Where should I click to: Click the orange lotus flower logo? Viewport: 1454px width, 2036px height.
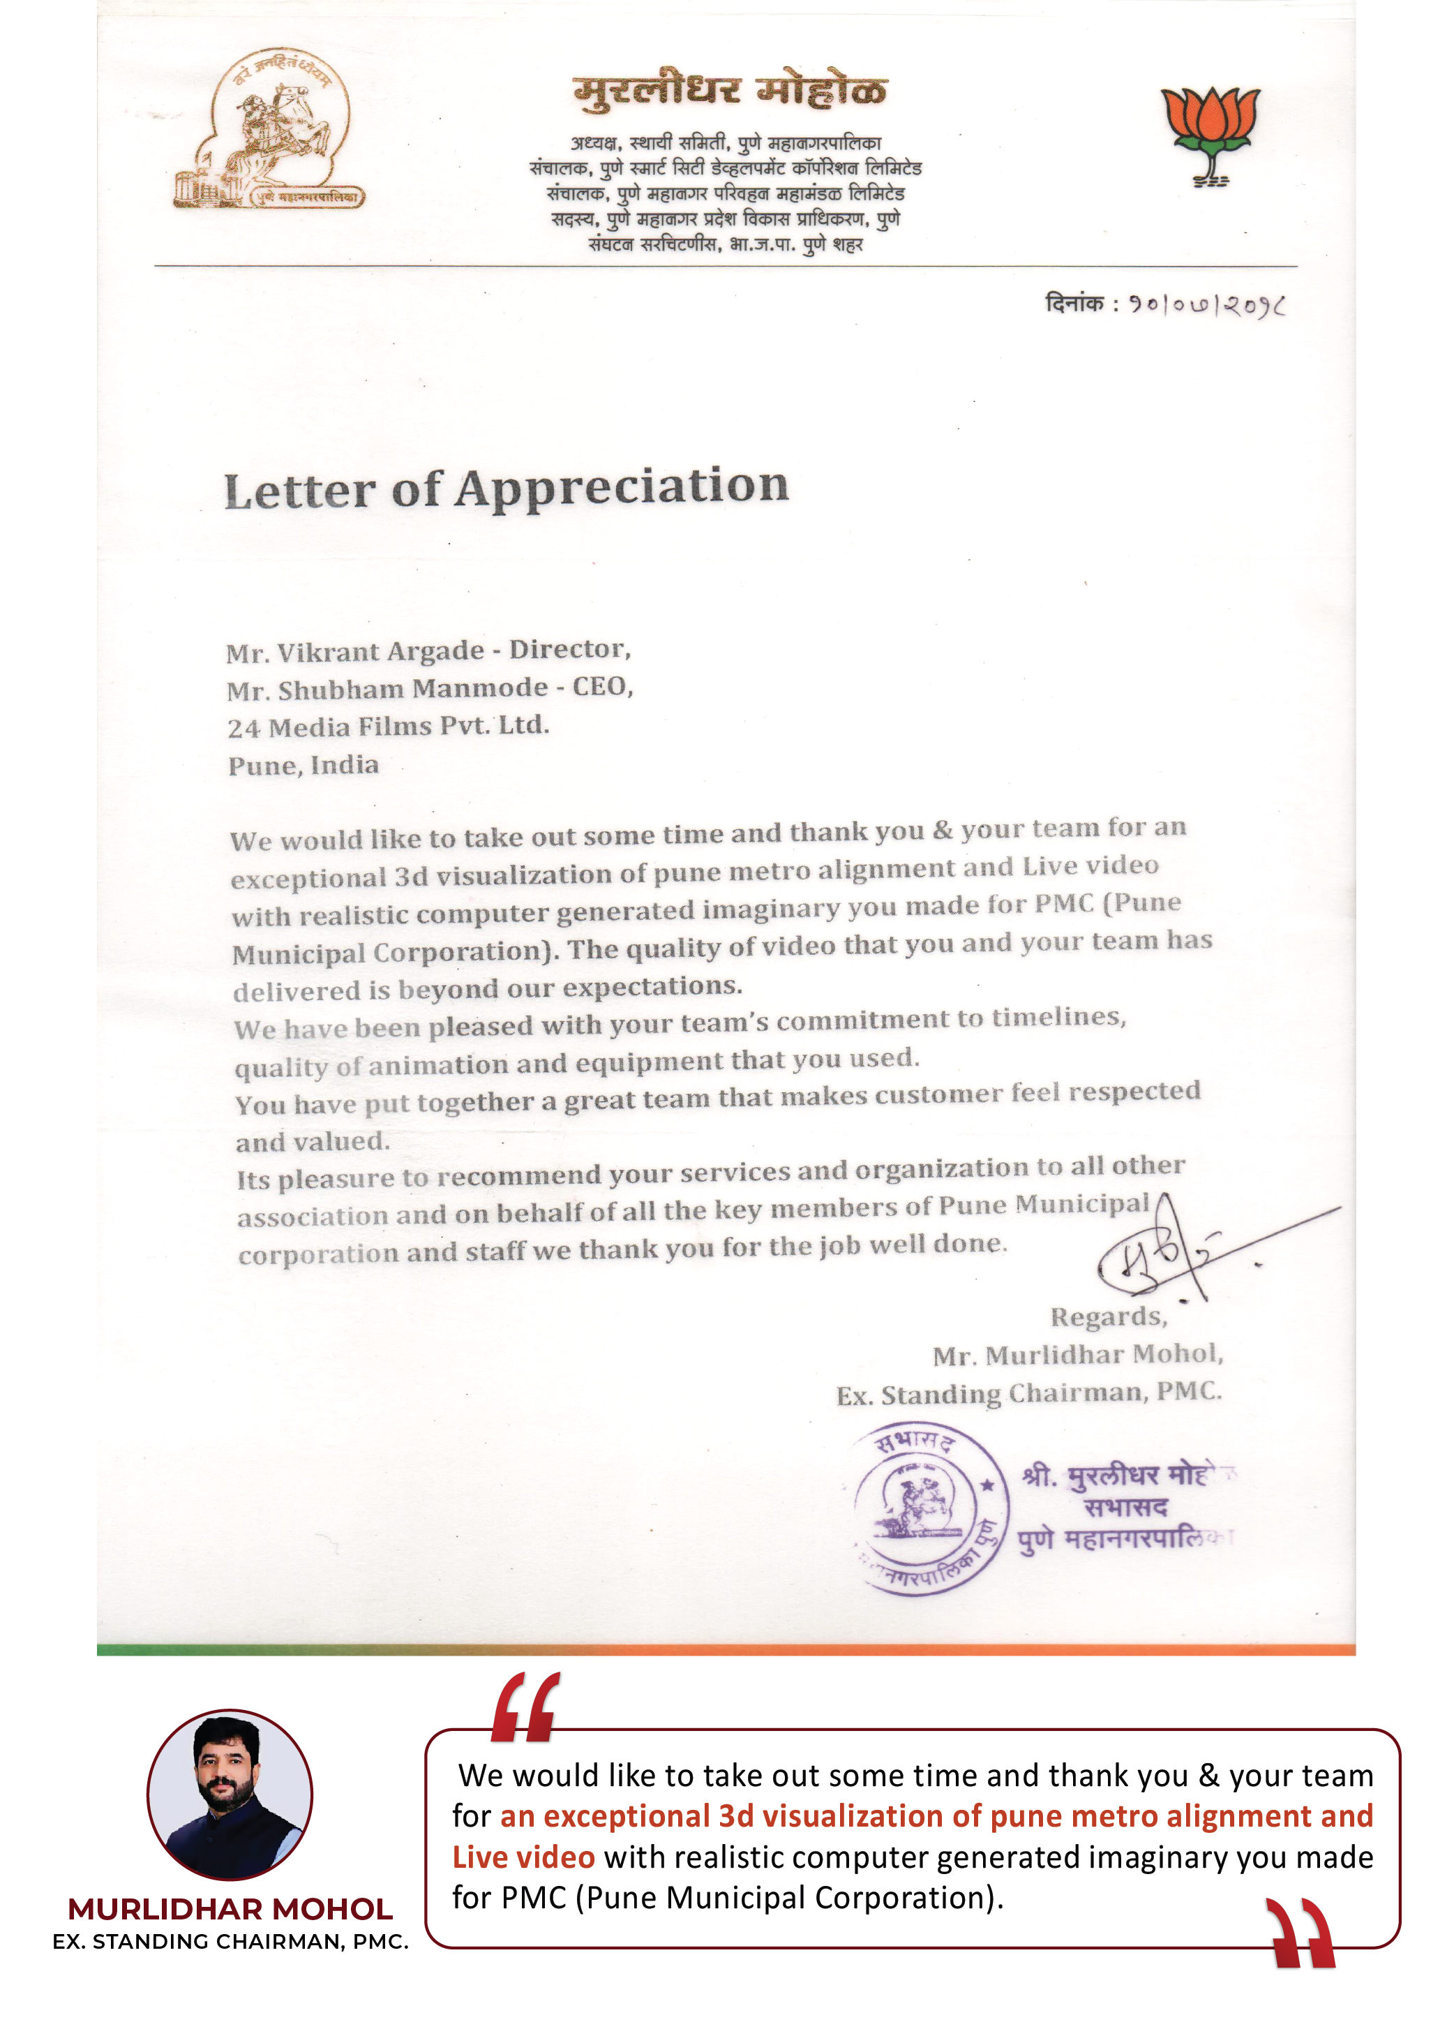click(x=1210, y=133)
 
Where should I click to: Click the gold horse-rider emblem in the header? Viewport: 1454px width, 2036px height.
click(x=269, y=131)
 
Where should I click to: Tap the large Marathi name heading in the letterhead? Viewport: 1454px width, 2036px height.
click(x=730, y=91)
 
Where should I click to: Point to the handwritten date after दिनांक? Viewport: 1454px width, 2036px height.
click(x=1206, y=306)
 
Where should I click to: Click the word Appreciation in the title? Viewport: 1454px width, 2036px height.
click(x=622, y=487)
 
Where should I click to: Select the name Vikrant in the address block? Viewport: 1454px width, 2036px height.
click(x=327, y=652)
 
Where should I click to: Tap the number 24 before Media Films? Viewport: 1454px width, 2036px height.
click(x=243, y=728)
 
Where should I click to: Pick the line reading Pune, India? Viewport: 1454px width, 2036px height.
click(x=303, y=766)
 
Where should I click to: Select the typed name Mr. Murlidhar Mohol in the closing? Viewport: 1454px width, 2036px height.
click(x=1077, y=1355)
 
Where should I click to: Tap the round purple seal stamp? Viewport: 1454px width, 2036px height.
click(x=931, y=1508)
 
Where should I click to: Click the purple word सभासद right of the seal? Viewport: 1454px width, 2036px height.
click(x=1125, y=1508)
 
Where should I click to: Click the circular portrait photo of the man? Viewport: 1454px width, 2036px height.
click(x=230, y=1794)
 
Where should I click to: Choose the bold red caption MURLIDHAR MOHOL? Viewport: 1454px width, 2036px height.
click(x=230, y=1909)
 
